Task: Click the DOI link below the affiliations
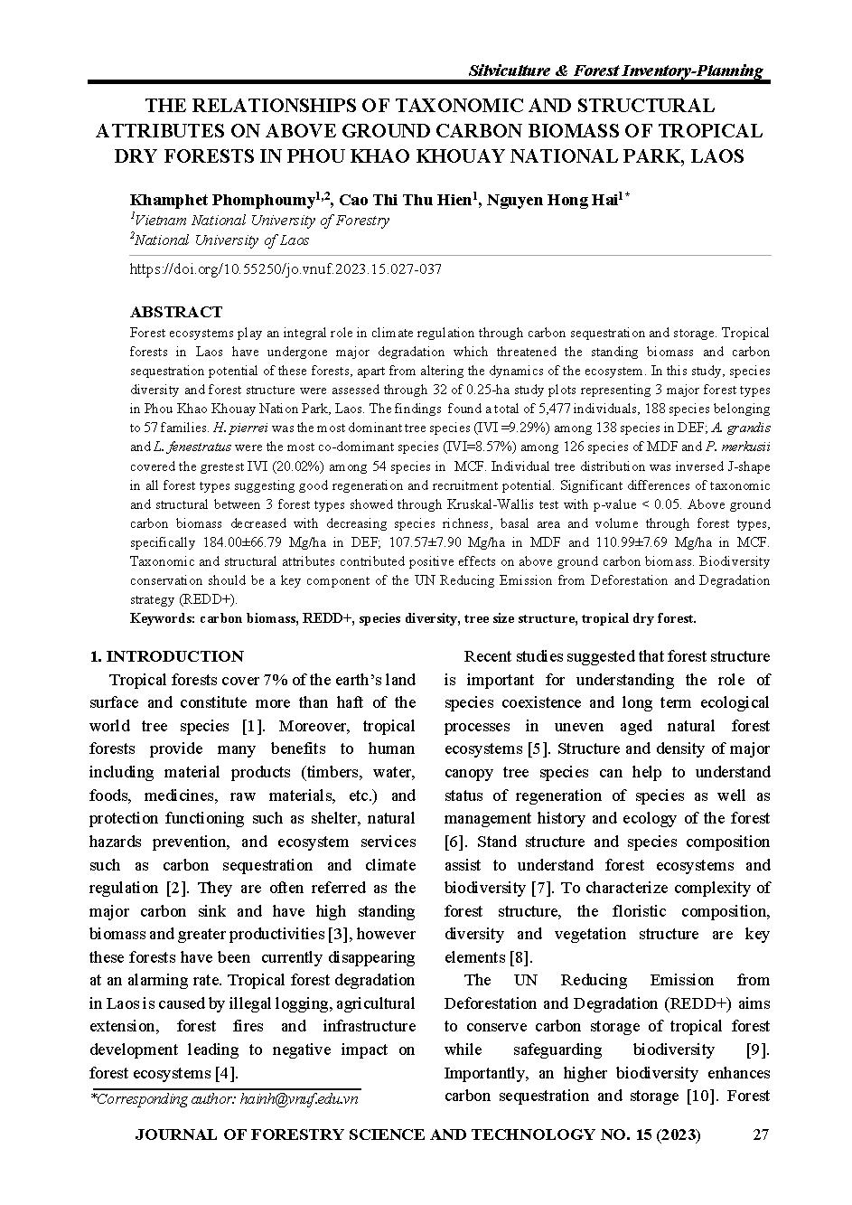286,269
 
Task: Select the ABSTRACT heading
175,312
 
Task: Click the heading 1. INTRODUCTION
166,656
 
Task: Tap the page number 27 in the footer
761,1135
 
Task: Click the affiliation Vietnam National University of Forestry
262,220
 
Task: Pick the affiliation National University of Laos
222,240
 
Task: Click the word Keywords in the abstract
160,618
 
